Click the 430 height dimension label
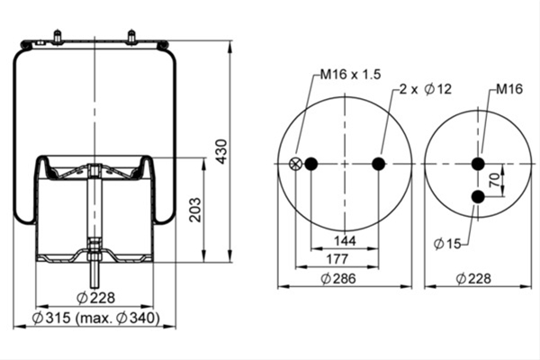pyautogui.click(x=221, y=151)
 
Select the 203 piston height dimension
pyautogui.click(x=195, y=210)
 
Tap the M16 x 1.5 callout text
pyautogui.click(x=350, y=74)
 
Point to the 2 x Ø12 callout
pyautogui.click(x=426, y=89)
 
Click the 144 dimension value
pyautogui.click(x=345, y=240)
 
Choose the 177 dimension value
pyautogui.click(x=337, y=258)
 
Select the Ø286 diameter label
pyautogui.click(x=338, y=278)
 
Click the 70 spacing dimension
pyautogui.click(x=494, y=180)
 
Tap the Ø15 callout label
pyautogui.click(x=447, y=244)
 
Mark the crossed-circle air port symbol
pyautogui.click(x=295, y=164)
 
